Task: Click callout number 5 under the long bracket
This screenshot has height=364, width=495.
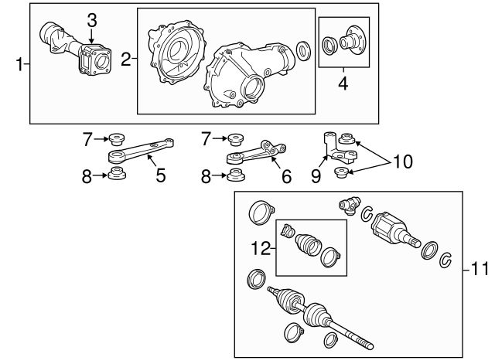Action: [161, 175]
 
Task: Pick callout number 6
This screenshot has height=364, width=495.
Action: [286, 176]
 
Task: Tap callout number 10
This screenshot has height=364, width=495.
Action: [402, 162]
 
